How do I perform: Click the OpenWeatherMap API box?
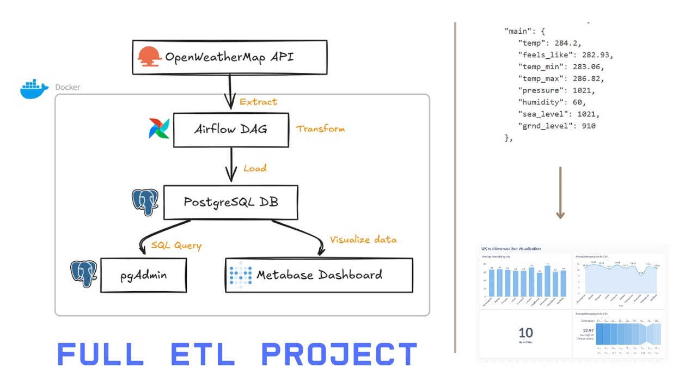tap(230, 57)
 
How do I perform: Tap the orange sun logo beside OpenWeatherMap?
tap(149, 57)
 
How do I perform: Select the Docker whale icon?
tap(34, 89)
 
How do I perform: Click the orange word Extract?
tap(258, 102)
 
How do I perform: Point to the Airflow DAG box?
tap(231, 130)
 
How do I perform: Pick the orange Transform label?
tap(320, 129)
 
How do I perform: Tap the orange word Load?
tap(255, 168)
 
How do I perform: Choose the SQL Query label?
tap(176, 246)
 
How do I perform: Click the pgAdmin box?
tap(144, 275)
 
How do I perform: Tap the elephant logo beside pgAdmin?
tap(84, 273)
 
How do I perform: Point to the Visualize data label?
tap(363, 240)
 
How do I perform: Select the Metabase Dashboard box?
tap(319, 275)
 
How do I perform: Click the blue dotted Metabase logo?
tap(240, 275)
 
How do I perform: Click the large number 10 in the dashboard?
tap(525, 333)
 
